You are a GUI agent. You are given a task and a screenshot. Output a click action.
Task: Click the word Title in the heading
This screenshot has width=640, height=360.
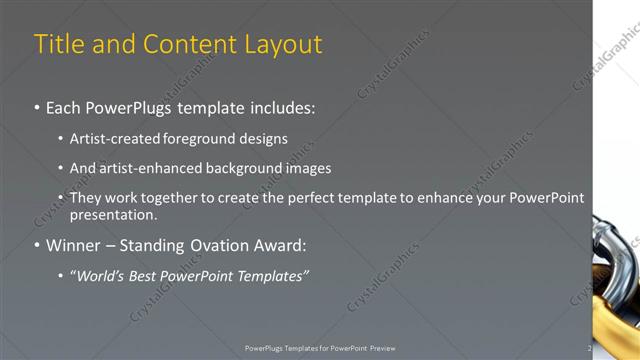pyautogui.click(x=59, y=45)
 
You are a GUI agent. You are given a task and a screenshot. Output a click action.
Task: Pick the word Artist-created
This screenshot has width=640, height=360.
pyautogui.click(x=112, y=139)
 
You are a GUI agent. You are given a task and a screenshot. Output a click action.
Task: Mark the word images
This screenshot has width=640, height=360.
pyautogui.click(x=308, y=168)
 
